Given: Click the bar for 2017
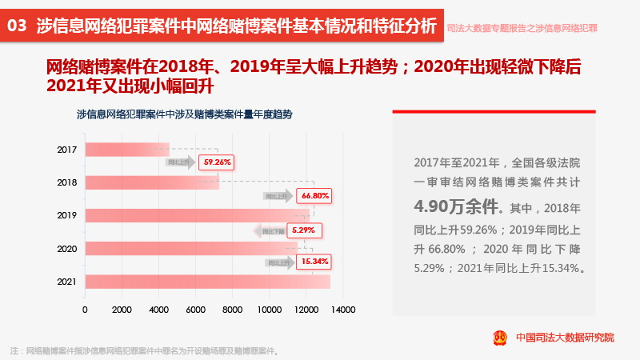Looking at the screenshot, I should click(x=126, y=149).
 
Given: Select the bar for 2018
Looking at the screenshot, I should click(x=151, y=182).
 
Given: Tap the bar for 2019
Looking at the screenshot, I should click(x=197, y=215).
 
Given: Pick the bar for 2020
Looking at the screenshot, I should click(x=191, y=248).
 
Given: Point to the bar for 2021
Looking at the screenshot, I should click(x=207, y=282).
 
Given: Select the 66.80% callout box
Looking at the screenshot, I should click(x=314, y=195).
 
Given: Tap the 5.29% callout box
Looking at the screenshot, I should click(x=303, y=230).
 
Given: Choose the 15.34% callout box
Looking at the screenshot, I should click(x=314, y=262).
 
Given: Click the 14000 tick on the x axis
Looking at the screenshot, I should click(x=343, y=309).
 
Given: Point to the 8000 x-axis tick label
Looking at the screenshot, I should click(x=232, y=309).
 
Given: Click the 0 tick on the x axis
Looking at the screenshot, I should click(x=85, y=309).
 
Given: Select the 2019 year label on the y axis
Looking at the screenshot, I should click(x=67, y=215).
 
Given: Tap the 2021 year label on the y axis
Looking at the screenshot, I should click(x=67, y=282).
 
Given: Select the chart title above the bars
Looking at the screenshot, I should click(x=184, y=114).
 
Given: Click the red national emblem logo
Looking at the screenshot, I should click(x=499, y=337).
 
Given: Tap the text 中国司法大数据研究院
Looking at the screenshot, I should click(x=565, y=338).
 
